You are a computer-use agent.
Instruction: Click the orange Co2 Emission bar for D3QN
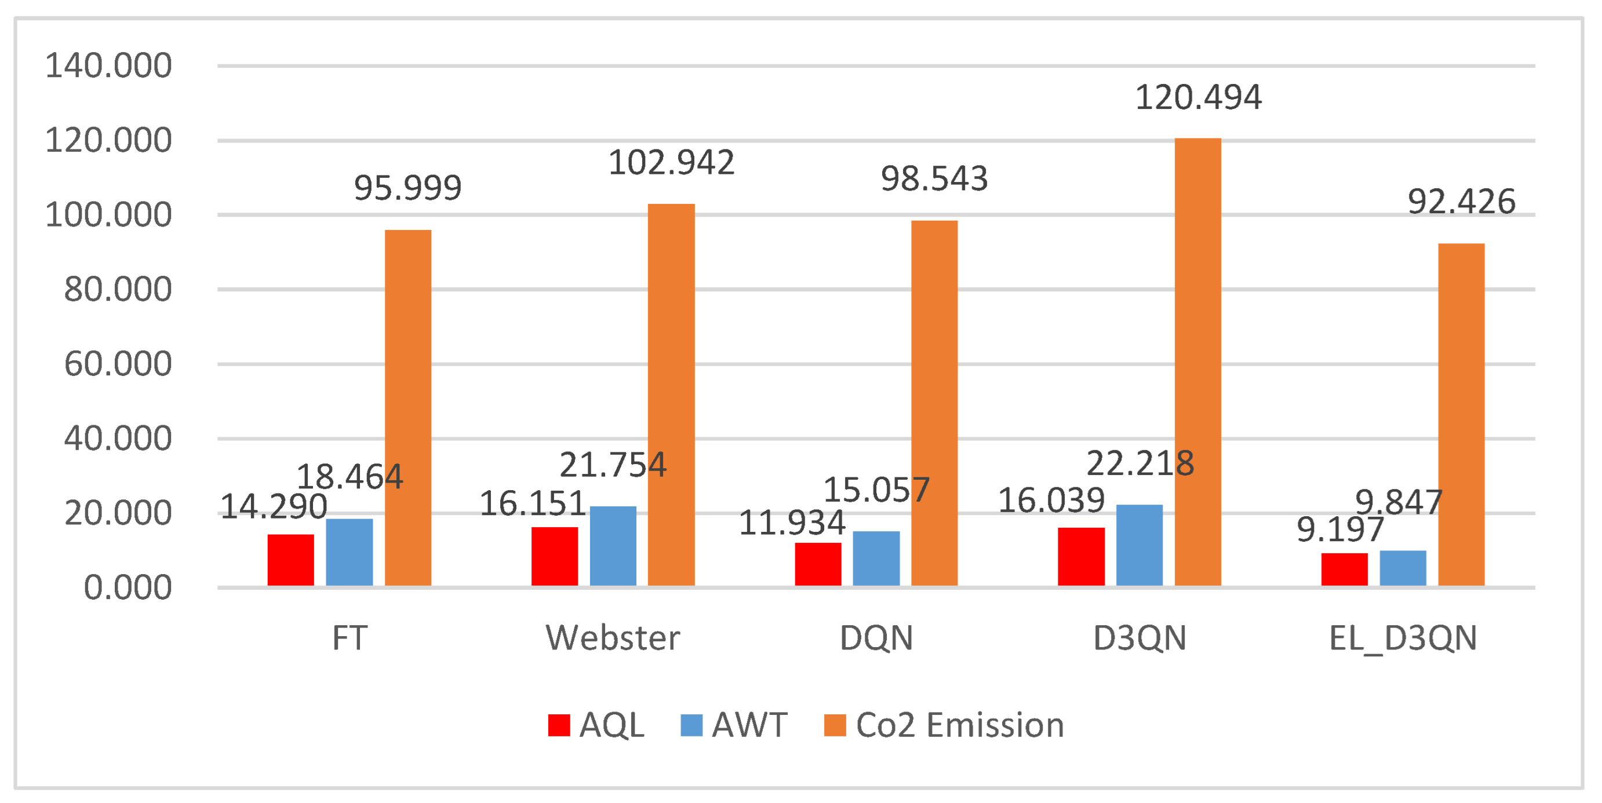[1197, 362]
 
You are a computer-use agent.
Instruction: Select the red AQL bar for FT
[290, 559]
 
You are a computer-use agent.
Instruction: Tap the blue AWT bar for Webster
[613, 546]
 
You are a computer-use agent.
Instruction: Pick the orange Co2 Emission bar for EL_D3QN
[1461, 415]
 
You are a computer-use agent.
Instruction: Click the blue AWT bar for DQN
[876, 558]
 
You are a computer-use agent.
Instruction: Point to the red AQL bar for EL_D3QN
[1344, 569]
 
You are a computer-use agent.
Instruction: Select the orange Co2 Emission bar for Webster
[671, 395]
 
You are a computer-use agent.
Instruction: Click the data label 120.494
[1198, 97]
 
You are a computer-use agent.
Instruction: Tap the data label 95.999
[407, 187]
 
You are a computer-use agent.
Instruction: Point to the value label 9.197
[1339, 530]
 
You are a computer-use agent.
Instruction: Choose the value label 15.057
[876, 490]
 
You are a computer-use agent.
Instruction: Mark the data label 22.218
[1139, 463]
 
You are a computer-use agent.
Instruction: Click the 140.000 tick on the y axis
[108, 65]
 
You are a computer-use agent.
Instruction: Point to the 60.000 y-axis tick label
[118, 364]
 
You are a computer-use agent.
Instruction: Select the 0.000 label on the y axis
[128, 587]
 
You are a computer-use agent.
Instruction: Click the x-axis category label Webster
[613, 638]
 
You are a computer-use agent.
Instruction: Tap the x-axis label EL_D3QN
[1403, 638]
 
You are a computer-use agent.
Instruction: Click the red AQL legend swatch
[559, 725]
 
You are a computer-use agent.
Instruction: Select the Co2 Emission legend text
[960, 725]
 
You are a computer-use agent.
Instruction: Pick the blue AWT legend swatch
[691, 725]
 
